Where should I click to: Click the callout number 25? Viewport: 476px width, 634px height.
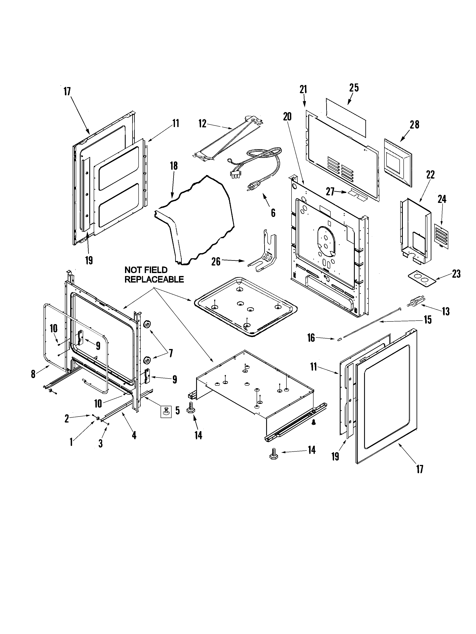coord(354,88)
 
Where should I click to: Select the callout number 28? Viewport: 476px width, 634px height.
coord(414,125)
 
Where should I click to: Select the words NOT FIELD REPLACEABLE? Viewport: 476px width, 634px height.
coord(154,275)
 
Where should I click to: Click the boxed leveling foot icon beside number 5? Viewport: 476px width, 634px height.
coord(166,412)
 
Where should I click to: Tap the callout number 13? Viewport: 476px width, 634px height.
coord(445,312)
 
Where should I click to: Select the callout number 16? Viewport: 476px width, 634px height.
coord(311,338)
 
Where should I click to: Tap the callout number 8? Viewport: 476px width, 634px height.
coord(33,374)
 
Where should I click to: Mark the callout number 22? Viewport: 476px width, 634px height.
coord(430,175)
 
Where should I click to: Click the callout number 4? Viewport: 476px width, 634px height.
coord(134,435)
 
